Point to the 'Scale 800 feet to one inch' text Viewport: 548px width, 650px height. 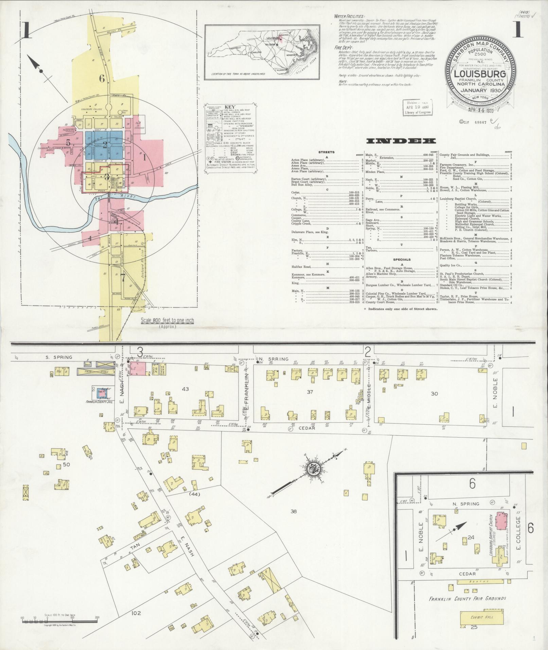pos(167,320)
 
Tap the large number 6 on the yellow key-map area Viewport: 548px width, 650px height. pos(102,78)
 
